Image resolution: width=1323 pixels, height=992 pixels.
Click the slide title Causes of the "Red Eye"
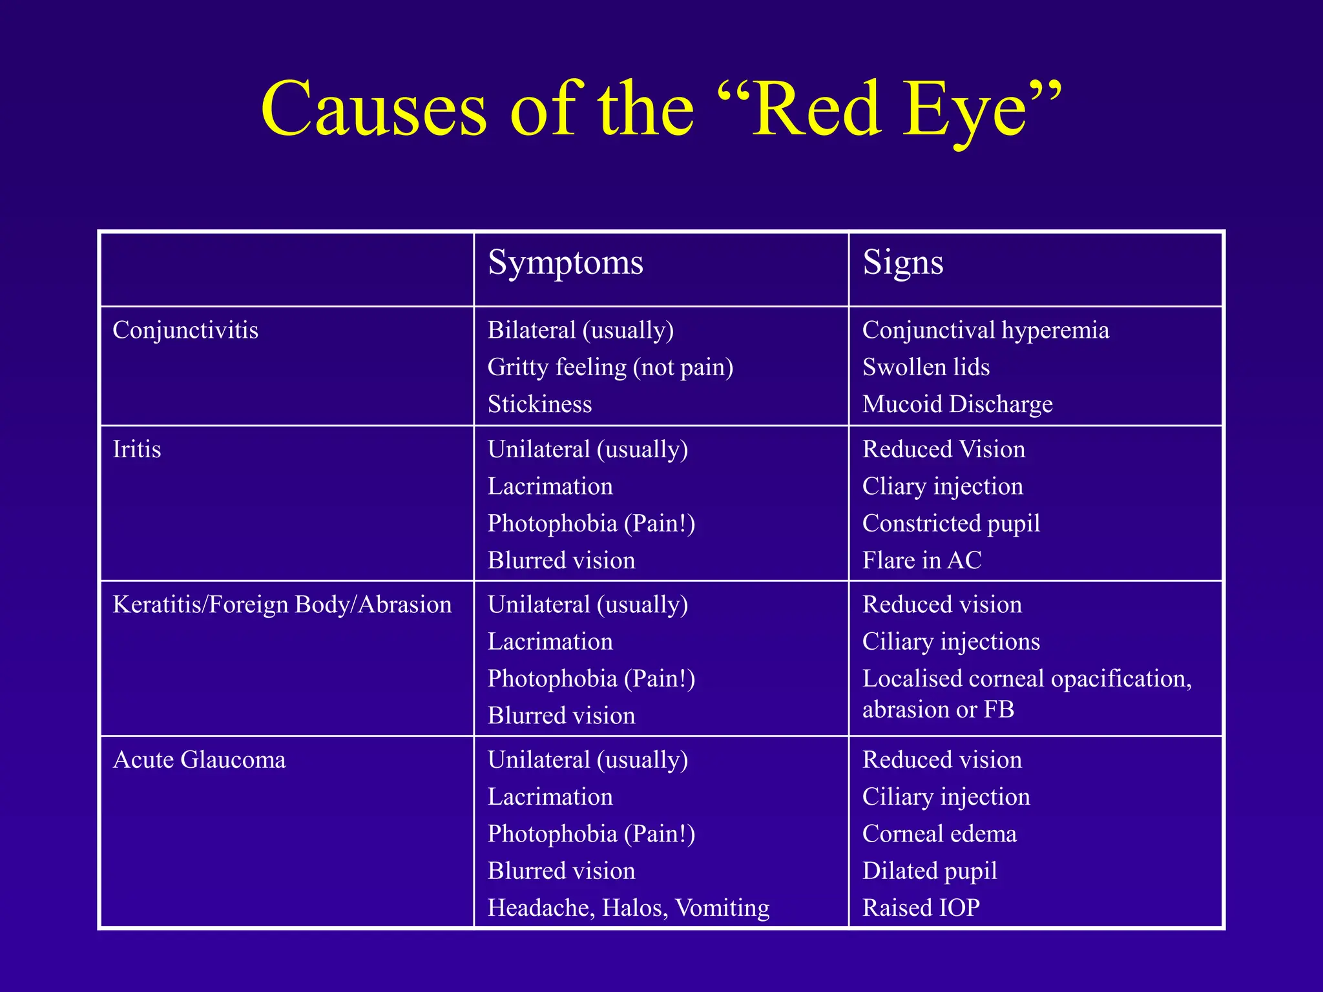point(661,108)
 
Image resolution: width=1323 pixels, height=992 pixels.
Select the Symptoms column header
point(565,263)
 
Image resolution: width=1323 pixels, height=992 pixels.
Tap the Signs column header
point(902,263)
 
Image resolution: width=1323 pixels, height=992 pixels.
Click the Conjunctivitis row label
point(185,330)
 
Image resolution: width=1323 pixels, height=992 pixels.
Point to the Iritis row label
point(136,449)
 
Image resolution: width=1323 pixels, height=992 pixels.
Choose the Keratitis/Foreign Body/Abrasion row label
point(282,604)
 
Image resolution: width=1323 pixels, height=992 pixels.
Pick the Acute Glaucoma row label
point(199,759)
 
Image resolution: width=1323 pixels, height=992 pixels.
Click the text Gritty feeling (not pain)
point(610,367)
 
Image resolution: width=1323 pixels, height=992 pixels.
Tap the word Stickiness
point(539,404)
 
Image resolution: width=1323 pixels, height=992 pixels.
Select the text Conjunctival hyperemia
point(985,330)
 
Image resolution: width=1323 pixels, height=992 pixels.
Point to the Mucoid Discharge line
point(957,404)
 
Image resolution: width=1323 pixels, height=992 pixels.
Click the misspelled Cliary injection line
point(943,486)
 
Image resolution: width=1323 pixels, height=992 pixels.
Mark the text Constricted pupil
point(951,523)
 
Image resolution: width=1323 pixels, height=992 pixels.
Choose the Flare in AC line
point(922,560)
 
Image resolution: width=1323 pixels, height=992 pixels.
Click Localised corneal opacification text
point(1026,679)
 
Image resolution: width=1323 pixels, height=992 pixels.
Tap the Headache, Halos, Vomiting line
point(629,907)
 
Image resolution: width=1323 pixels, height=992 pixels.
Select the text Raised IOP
point(921,907)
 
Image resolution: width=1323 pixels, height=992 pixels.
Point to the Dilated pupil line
point(930,871)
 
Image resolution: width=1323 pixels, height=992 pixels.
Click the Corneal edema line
point(939,834)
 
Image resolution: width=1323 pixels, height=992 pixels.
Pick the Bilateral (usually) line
point(581,330)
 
